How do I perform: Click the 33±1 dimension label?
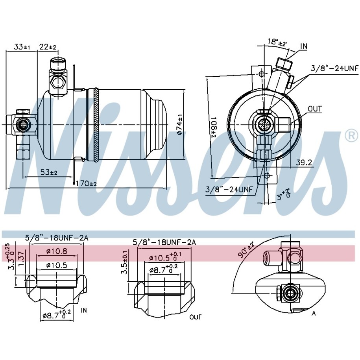coord(22,47)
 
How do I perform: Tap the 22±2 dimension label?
coord(48,47)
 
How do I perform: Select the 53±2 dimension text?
coord(49,172)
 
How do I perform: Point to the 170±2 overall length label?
coord(86,183)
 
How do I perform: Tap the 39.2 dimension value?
coord(304,162)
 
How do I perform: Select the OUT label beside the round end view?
coord(315,109)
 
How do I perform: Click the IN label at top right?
coord(303,46)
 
